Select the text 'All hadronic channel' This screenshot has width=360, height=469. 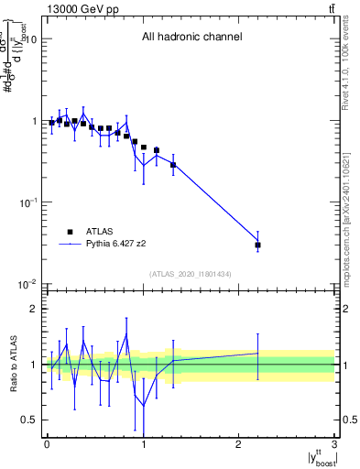(191, 38)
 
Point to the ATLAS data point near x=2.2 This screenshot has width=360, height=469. (258, 245)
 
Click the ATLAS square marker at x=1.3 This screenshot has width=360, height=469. (173, 165)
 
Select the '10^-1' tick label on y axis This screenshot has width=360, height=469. (27, 202)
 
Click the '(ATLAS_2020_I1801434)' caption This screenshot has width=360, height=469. (191, 275)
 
